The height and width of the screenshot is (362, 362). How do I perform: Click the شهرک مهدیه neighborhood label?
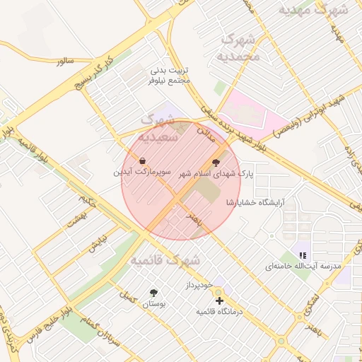315,11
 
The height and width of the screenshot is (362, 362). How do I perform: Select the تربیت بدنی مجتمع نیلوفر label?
170,76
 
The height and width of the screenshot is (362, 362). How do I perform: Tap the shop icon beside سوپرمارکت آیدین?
144,161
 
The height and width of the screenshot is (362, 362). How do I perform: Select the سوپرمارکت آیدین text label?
132,172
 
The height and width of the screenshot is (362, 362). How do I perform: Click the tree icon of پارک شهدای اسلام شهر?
216,162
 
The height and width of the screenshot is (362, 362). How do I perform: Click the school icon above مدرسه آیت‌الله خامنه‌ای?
303,255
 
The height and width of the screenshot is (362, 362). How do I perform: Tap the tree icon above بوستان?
153,293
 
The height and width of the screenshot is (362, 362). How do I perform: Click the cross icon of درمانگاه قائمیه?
219,300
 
